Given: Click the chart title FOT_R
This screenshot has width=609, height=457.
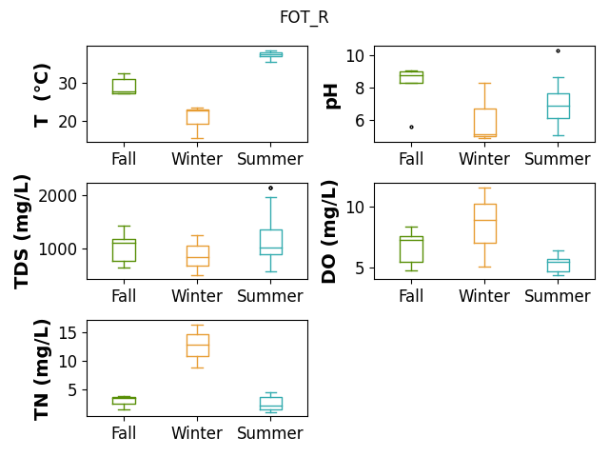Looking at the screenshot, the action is [x=304, y=17].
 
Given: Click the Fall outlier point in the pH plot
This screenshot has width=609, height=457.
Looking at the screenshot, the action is [x=411, y=127].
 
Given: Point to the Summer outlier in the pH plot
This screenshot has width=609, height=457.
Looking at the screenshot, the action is [x=559, y=50].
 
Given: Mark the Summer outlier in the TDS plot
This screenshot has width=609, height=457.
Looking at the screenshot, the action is [x=270, y=189].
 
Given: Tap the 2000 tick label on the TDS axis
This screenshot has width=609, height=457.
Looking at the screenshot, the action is [x=57, y=196].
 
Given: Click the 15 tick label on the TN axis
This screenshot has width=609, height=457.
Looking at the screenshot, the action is [x=68, y=333].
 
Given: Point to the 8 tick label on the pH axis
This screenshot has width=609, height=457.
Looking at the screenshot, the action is [x=360, y=89].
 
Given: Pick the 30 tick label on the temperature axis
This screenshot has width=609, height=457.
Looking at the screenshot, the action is [x=68, y=84].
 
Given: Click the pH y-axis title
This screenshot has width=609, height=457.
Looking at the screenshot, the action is [x=332, y=96].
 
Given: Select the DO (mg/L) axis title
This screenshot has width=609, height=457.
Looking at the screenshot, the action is [x=329, y=231].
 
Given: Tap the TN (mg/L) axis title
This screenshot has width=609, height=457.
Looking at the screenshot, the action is [x=42, y=370].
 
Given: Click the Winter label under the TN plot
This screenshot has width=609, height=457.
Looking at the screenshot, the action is [x=197, y=433].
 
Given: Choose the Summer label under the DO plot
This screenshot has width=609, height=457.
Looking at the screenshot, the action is [x=558, y=296].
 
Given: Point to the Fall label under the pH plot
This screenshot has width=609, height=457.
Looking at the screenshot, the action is [x=411, y=159].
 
